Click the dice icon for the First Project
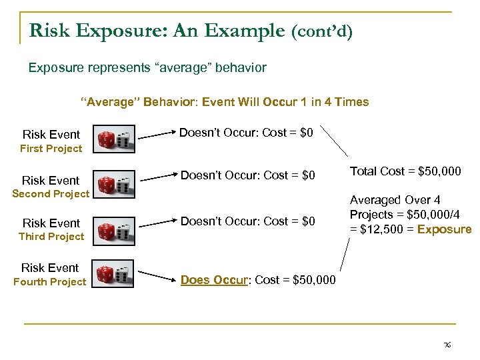113,139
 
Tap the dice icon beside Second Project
113,185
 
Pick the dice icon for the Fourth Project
113,275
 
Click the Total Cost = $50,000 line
405,171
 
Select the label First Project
51,149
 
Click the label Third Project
51,237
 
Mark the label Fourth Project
50,282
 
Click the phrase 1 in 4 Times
333,102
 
